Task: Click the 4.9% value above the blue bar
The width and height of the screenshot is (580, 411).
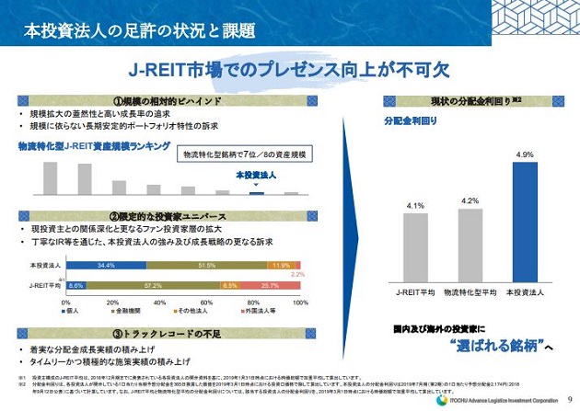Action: pos(524,154)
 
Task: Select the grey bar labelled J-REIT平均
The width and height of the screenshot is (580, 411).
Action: pos(414,245)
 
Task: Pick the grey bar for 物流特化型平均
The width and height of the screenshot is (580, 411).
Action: pos(470,244)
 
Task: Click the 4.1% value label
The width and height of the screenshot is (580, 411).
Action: pos(414,205)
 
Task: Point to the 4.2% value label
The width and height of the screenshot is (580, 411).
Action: pos(470,200)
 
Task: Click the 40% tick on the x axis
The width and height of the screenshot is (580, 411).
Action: pos(159,302)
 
